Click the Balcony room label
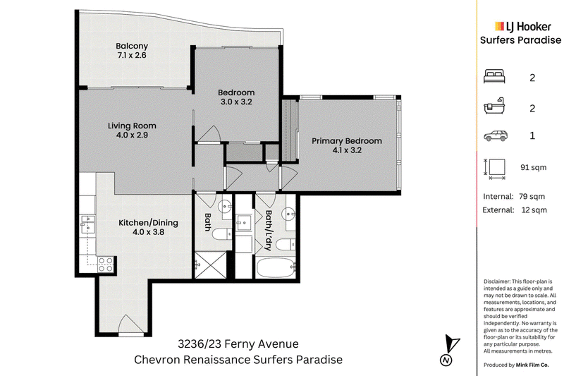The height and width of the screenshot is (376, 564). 132,46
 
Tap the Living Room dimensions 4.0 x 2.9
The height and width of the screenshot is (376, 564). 132,135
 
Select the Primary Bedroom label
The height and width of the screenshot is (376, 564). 347,141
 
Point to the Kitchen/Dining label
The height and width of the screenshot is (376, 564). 148,223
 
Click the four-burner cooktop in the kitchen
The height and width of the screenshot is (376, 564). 106,265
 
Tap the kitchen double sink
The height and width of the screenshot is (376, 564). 87,224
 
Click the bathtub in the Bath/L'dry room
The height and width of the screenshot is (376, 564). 276,268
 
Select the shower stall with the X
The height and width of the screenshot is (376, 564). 210,265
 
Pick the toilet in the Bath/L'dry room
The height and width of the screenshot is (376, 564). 286,245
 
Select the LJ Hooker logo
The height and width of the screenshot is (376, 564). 523,26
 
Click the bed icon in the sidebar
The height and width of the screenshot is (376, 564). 494,77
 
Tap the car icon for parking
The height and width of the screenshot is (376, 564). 496,136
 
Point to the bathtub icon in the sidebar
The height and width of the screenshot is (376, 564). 494,106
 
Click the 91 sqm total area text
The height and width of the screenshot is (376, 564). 534,167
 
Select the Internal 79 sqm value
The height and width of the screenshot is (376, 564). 532,196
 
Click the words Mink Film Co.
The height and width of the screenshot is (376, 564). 532,365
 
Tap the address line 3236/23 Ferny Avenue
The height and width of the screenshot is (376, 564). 238,344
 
